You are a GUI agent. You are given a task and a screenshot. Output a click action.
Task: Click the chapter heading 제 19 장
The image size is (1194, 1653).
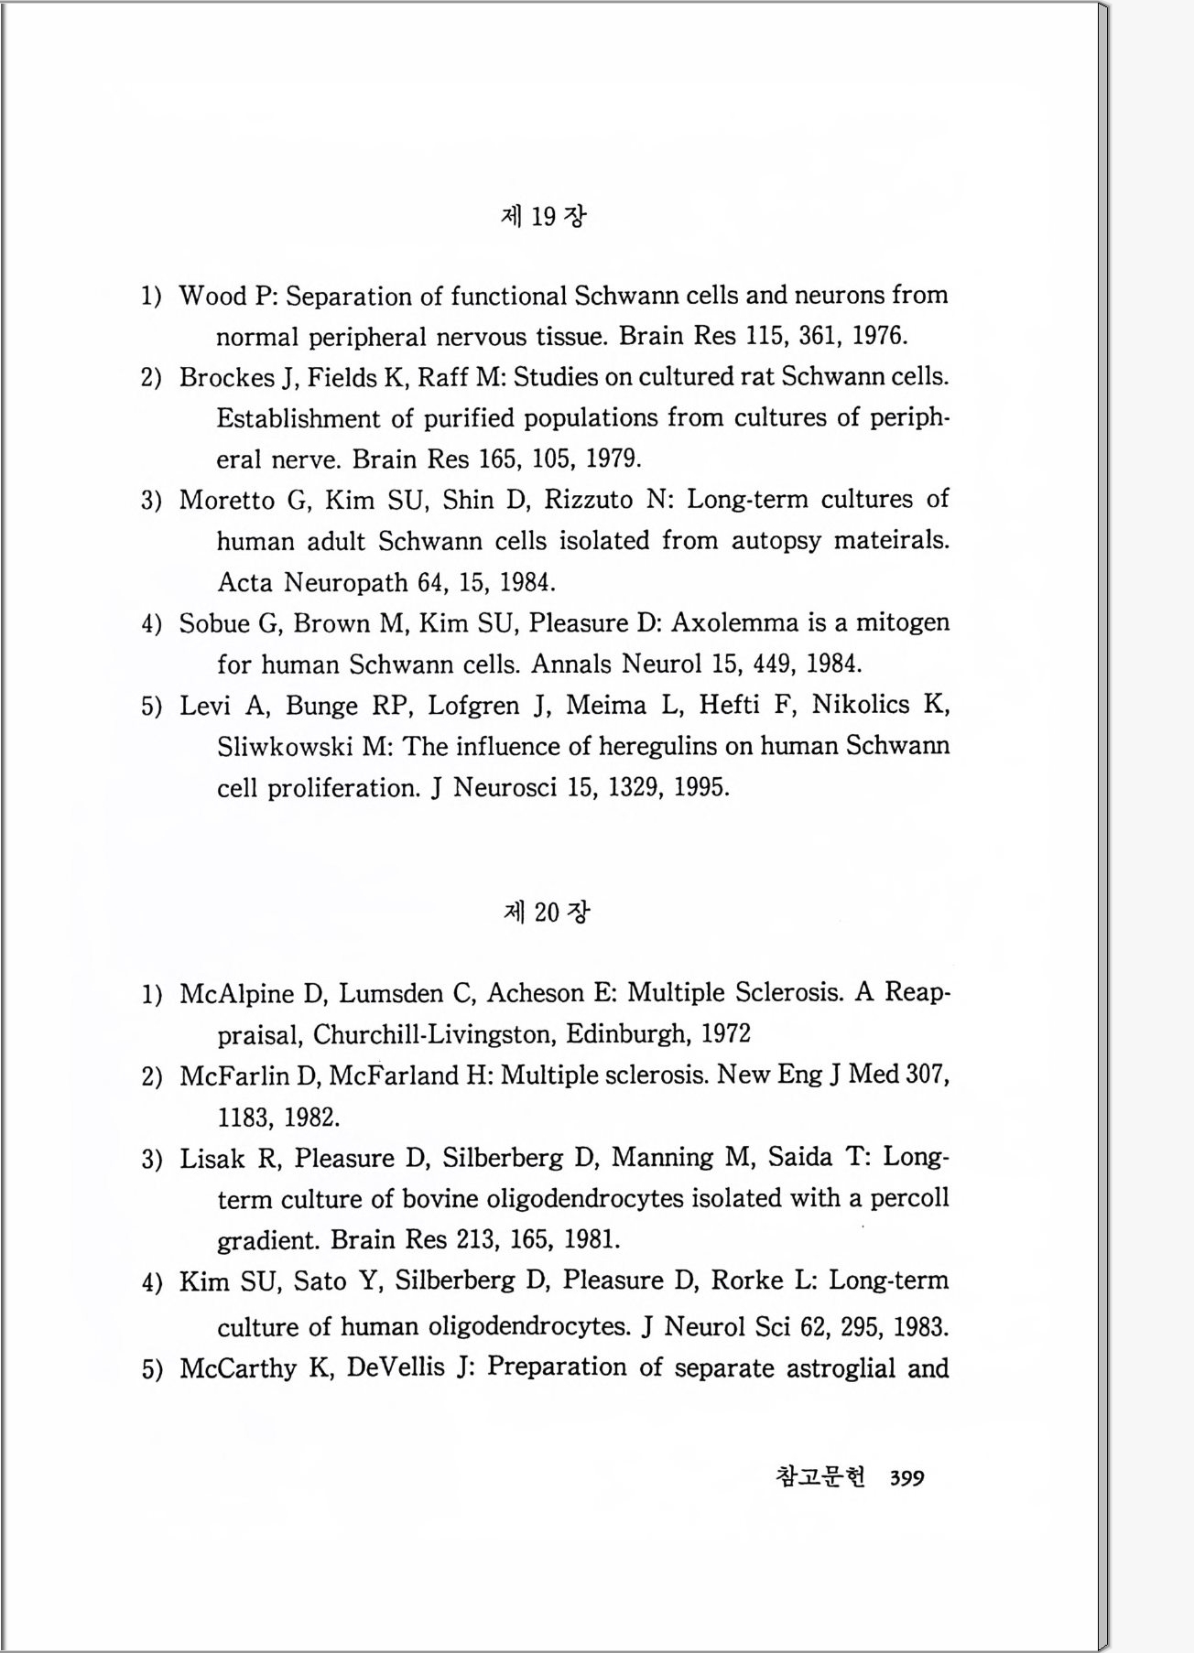[544, 216]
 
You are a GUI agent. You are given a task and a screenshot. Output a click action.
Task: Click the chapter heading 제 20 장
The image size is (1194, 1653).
[546, 912]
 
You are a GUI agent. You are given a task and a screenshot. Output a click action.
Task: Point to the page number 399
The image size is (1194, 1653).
[906, 1478]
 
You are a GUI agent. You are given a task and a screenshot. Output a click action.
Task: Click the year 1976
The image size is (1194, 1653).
[879, 337]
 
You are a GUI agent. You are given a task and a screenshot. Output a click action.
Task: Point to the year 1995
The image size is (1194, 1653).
[701, 788]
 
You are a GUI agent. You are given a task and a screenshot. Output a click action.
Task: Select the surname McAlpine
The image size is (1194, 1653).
[237, 994]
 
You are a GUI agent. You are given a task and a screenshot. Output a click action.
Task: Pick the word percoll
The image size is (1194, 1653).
[909, 1199]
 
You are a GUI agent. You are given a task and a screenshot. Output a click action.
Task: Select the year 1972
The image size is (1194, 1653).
[725, 1035]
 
